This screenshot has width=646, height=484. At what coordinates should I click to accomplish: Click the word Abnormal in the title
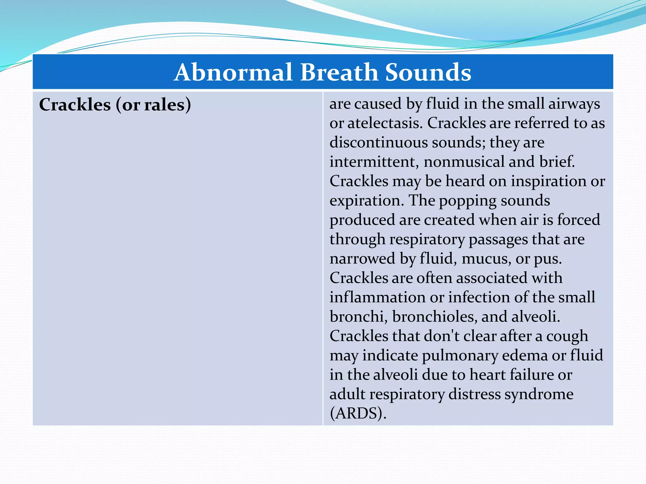tap(233, 72)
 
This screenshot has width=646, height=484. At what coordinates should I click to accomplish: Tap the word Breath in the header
tap(339, 72)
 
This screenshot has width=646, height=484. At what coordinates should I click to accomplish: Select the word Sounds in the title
tap(428, 72)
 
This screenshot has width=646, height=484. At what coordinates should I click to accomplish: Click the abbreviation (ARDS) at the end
tap(358, 413)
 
